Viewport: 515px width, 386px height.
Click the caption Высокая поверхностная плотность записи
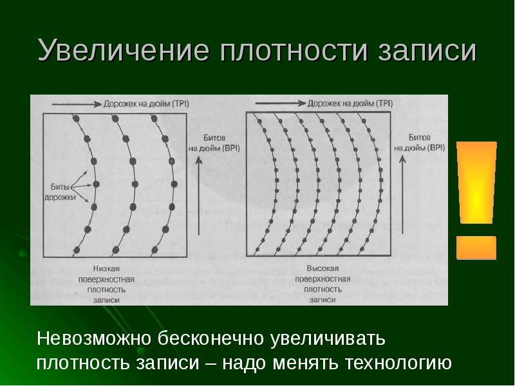point(322,283)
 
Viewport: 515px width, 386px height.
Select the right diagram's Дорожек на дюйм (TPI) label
point(350,102)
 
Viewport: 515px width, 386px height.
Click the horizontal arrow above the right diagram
point(279,103)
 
